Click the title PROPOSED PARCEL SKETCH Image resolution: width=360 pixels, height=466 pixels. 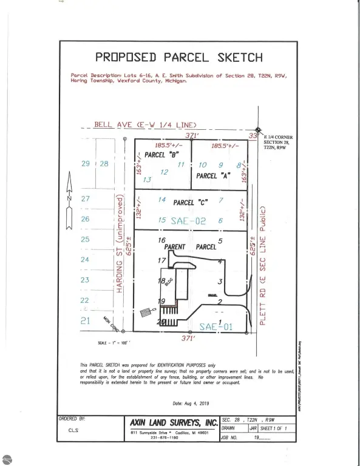coord(180,58)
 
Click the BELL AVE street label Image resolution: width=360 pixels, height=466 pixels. coord(145,125)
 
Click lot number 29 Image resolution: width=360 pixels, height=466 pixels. coord(85,164)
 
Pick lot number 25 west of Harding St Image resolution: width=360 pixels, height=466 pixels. coord(85,239)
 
